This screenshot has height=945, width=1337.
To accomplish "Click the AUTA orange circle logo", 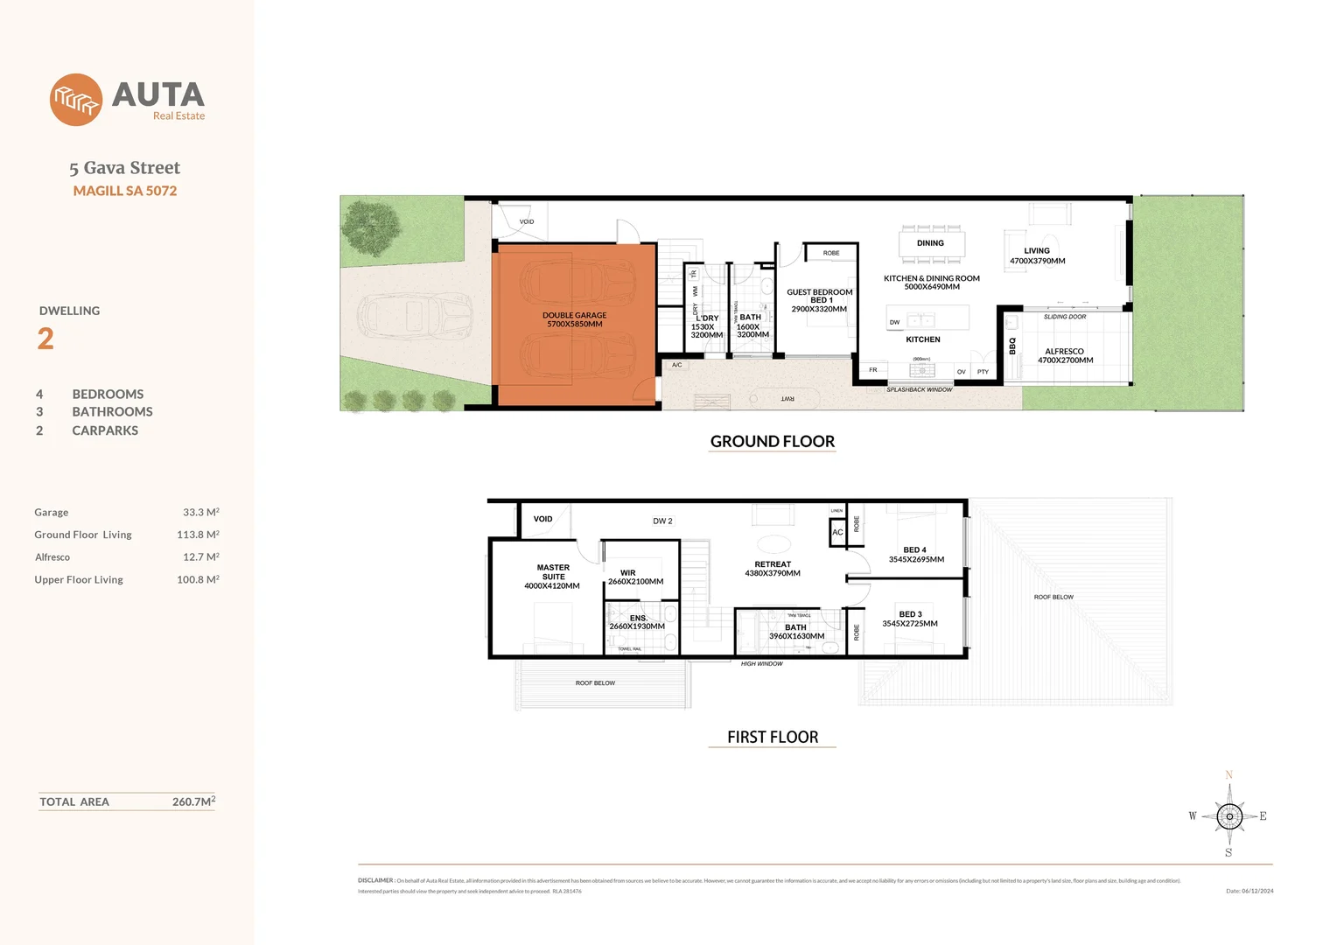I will (76, 100).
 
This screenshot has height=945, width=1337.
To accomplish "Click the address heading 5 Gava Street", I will (124, 168).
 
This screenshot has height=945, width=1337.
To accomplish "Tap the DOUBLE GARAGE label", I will (574, 319).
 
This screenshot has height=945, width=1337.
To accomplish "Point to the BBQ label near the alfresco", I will (1012, 346).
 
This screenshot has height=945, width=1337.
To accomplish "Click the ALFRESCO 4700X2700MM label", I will (1065, 355).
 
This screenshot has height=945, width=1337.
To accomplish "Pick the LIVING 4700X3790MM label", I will (1037, 255).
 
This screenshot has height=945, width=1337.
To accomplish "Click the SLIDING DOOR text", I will (1064, 317).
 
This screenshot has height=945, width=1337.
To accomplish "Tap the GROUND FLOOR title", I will (772, 442).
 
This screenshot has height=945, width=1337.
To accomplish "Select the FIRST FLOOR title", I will (772, 738).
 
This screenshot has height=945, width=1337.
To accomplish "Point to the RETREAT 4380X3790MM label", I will (773, 569).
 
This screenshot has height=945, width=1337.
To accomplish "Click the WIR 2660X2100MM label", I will (635, 577).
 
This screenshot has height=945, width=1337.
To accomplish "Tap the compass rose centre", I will (1228, 816).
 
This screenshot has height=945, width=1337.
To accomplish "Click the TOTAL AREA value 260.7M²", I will (193, 801).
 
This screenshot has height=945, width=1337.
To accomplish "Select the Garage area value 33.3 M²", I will (200, 513).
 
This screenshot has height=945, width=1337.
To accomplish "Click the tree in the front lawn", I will (371, 226).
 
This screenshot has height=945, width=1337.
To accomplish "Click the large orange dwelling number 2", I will (45, 339).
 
